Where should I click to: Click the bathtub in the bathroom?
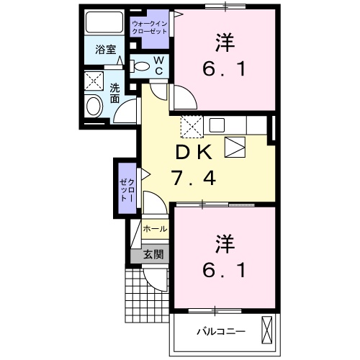(104, 22)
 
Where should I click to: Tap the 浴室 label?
(106, 50)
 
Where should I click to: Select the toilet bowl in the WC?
(141, 66)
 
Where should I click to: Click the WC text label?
(158, 66)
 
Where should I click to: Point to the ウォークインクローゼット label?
(150, 27)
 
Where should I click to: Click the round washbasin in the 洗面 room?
(94, 106)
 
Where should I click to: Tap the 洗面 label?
(114, 94)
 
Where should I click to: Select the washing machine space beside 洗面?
(94, 81)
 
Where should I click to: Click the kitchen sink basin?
(217, 125)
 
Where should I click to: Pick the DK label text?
(194, 153)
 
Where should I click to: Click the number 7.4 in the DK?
(194, 179)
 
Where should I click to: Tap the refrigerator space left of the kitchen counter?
(192, 127)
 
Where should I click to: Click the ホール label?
(155, 229)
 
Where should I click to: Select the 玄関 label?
(153, 254)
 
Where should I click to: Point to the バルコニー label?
(221, 332)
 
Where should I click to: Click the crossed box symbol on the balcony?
(266, 330)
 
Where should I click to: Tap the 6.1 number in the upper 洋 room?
(224, 69)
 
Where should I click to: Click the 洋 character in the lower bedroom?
(225, 244)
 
